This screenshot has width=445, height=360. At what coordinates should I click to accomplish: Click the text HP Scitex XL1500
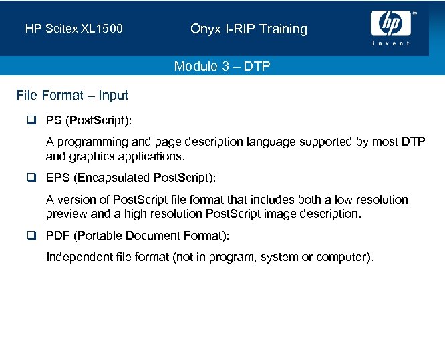pyautogui.click(x=73, y=29)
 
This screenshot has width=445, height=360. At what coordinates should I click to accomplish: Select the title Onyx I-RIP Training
pyautogui.click(x=249, y=29)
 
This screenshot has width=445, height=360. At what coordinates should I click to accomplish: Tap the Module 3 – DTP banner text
pyautogui.click(x=222, y=66)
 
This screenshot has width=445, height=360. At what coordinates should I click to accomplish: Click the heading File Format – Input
pyautogui.click(x=72, y=96)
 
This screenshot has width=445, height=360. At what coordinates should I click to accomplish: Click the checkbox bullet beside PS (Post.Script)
pyautogui.click(x=32, y=121)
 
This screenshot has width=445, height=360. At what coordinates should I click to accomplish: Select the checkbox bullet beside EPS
pyautogui.click(x=32, y=178)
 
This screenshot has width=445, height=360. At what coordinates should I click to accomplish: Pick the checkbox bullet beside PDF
pyautogui.click(x=32, y=236)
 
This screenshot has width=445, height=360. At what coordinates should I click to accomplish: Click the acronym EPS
pyautogui.click(x=58, y=178)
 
